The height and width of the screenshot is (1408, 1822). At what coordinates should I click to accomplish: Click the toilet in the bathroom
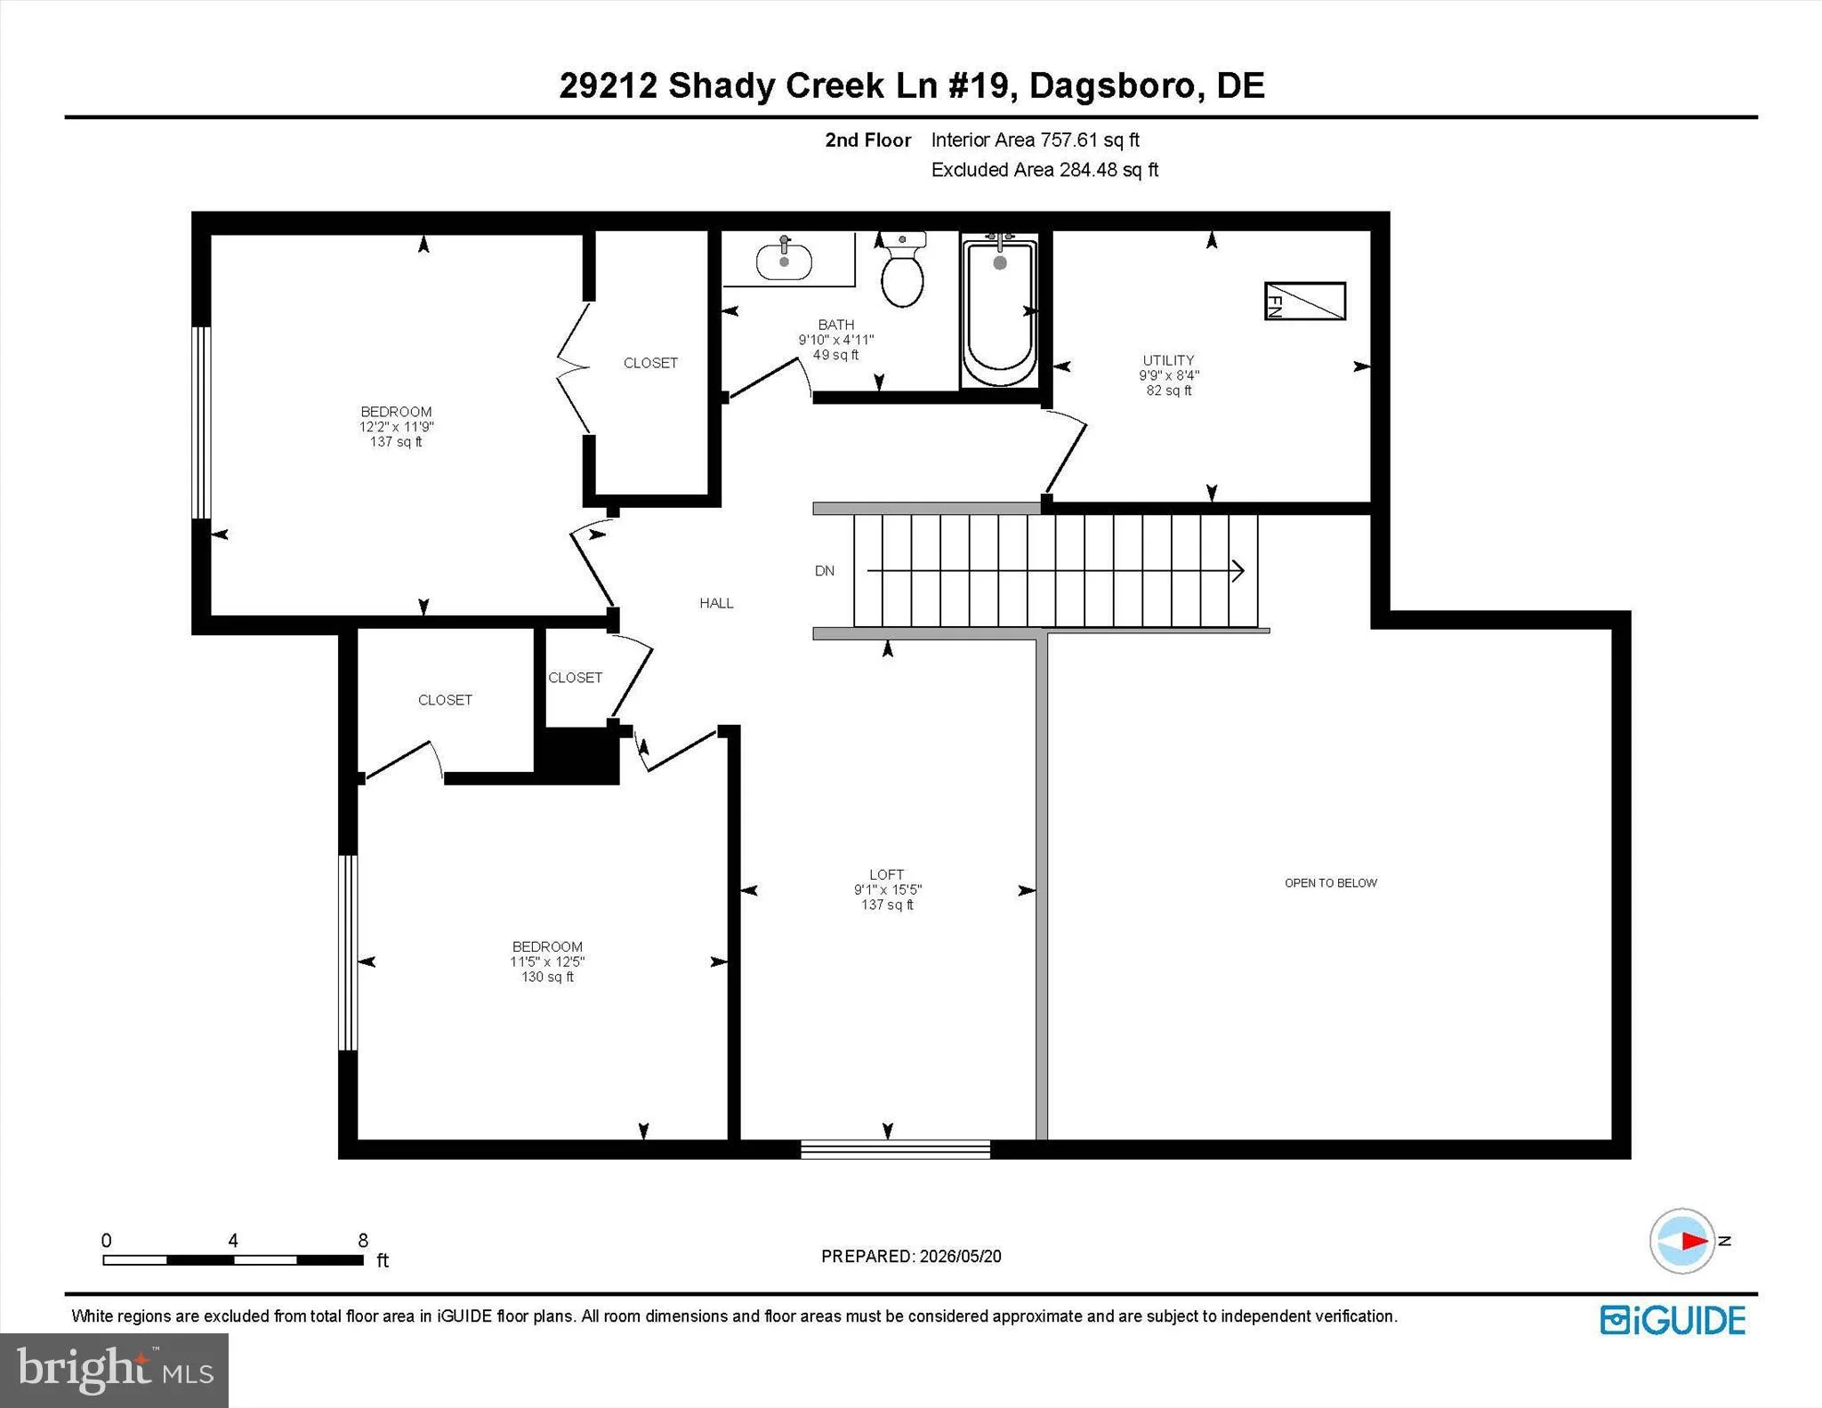point(902,270)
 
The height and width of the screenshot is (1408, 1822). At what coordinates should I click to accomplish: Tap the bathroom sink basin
point(784,261)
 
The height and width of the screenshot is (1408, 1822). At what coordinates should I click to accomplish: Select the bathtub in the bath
point(999,311)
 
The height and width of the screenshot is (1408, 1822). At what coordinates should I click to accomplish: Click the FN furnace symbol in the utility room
point(1305,301)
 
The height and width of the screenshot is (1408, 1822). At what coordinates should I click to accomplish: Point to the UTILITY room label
point(1168,360)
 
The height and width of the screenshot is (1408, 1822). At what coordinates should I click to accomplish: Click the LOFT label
point(887,874)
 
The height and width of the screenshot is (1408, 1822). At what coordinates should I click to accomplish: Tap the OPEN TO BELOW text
point(1331,883)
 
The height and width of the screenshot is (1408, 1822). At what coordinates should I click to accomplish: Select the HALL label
point(716,603)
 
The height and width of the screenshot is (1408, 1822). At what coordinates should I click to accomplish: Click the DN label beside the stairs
point(825,571)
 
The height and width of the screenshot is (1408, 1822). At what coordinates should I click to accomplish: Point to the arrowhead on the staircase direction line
point(1238,571)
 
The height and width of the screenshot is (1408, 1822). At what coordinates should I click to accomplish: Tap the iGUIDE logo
point(1673,1321)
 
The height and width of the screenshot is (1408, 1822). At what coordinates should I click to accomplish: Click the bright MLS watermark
point(115,1370)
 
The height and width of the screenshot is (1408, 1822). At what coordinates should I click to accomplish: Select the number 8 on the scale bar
point(363,1241)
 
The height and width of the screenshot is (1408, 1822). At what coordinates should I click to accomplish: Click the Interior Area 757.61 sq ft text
point(1035,140)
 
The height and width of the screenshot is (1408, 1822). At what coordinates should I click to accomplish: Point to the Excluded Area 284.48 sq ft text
point(1044,170)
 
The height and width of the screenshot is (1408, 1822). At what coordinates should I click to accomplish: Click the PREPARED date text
point(911,1256)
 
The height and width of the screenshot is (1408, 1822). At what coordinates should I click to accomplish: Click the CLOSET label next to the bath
point(650,363)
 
